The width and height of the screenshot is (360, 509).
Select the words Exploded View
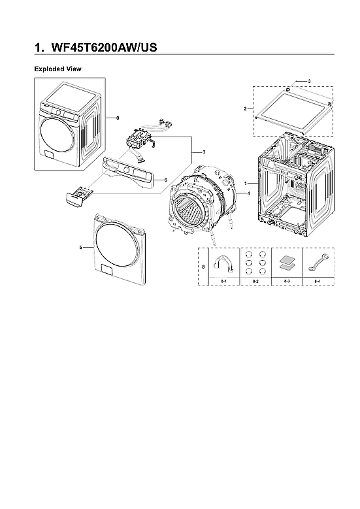(x=57, y=69)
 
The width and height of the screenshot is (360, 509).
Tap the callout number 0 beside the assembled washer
(x=117, y=118)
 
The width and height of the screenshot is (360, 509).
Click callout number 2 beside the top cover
(x=245, y=108)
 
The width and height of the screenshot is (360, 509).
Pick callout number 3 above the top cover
(x=308, y=80)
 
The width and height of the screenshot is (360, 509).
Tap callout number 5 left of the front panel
(x=80, y=248)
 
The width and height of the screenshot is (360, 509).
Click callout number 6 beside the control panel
(x=165, y=180)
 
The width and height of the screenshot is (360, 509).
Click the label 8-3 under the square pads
(x=286, y=280)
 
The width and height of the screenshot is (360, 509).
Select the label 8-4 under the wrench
(x=318, y=280)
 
